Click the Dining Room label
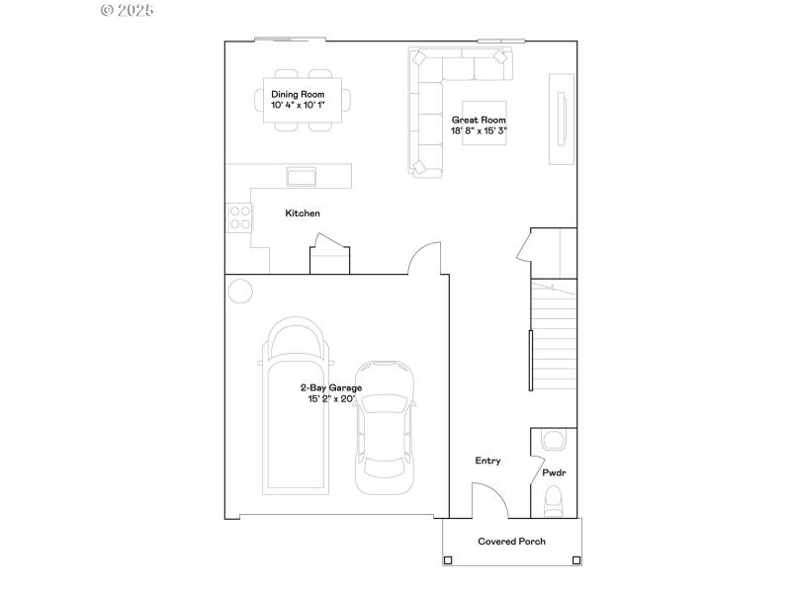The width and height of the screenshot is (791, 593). tap(298, 94)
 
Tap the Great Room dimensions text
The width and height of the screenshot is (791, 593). tap(480, 130)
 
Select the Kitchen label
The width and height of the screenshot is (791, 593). tap(303, 213)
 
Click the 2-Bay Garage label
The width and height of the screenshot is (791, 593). tap(331, 388)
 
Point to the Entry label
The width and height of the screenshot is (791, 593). tap(487, 461)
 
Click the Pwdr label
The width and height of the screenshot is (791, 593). tap(554, 473)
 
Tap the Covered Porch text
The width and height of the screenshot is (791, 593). tap(511, 542)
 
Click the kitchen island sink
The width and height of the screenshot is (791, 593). tap(301, 176)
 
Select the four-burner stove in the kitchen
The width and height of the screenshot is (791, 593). tap(238, 216)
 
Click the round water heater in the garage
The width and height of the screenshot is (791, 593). tap(239, 291)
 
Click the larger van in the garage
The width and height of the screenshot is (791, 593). tap(296, 405)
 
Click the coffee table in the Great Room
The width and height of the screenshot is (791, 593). tap(484, 124)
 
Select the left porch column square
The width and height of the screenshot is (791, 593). tap(448, 560)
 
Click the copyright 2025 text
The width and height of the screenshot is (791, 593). tap(129, 10)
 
